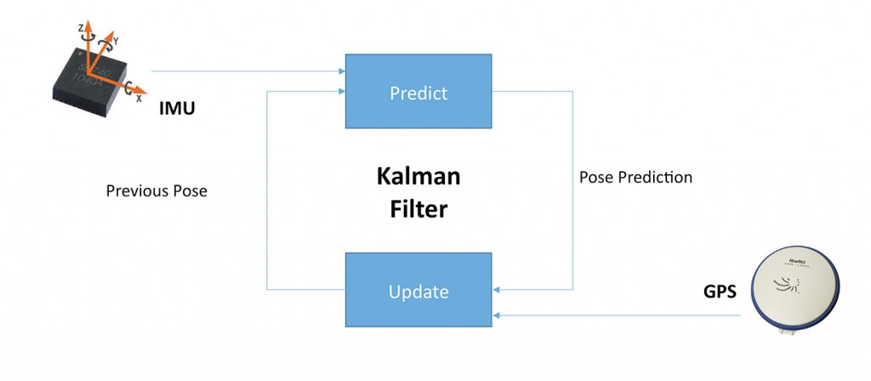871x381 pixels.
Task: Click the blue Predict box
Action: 418,91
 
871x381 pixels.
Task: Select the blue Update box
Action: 418,290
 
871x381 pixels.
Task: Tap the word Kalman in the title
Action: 418,178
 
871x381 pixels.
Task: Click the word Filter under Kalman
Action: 418,208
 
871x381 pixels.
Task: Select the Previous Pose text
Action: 157,191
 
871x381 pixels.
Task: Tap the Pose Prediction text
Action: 635,178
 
